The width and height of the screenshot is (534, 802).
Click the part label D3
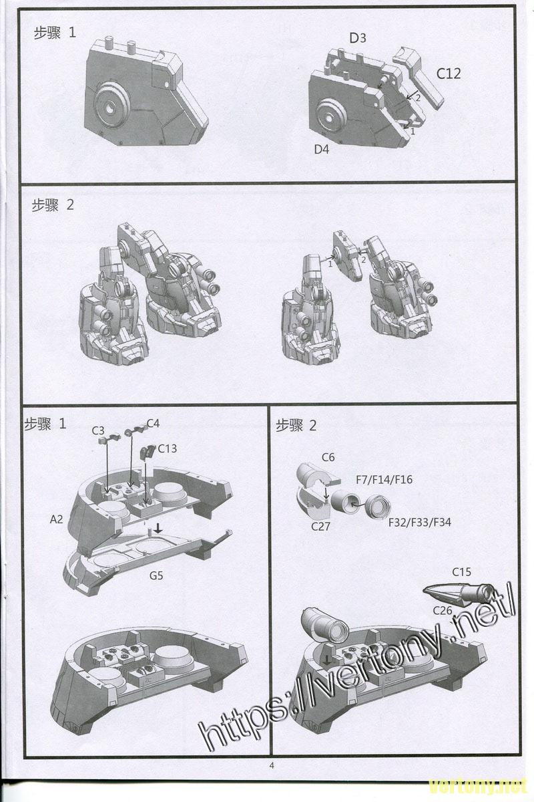point(357,37)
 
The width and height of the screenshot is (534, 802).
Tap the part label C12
point(449,74)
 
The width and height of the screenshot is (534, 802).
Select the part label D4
point(321,149)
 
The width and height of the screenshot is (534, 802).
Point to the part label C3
point(97,430)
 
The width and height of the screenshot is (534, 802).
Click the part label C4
point(153,423)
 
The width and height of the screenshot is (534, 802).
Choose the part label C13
point(168,448)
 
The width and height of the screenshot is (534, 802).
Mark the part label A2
point(56,519)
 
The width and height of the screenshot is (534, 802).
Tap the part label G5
point(156,575)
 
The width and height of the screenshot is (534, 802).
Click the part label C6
point(328,457)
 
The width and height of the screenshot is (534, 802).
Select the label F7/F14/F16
point(384,479)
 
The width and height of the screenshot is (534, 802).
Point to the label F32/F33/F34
point(420,523)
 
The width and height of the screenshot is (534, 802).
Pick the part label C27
point(320,526)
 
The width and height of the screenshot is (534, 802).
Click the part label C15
point(461,572)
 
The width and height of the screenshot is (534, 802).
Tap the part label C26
point(443,610)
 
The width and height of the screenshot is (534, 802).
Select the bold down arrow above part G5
point(158,527)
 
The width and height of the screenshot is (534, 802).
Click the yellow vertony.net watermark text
point(479,787)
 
